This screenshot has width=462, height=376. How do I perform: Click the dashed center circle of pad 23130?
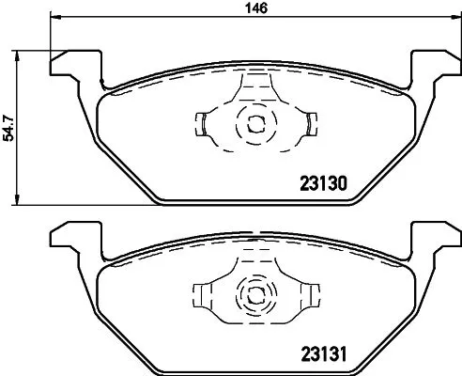click(254, 122)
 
